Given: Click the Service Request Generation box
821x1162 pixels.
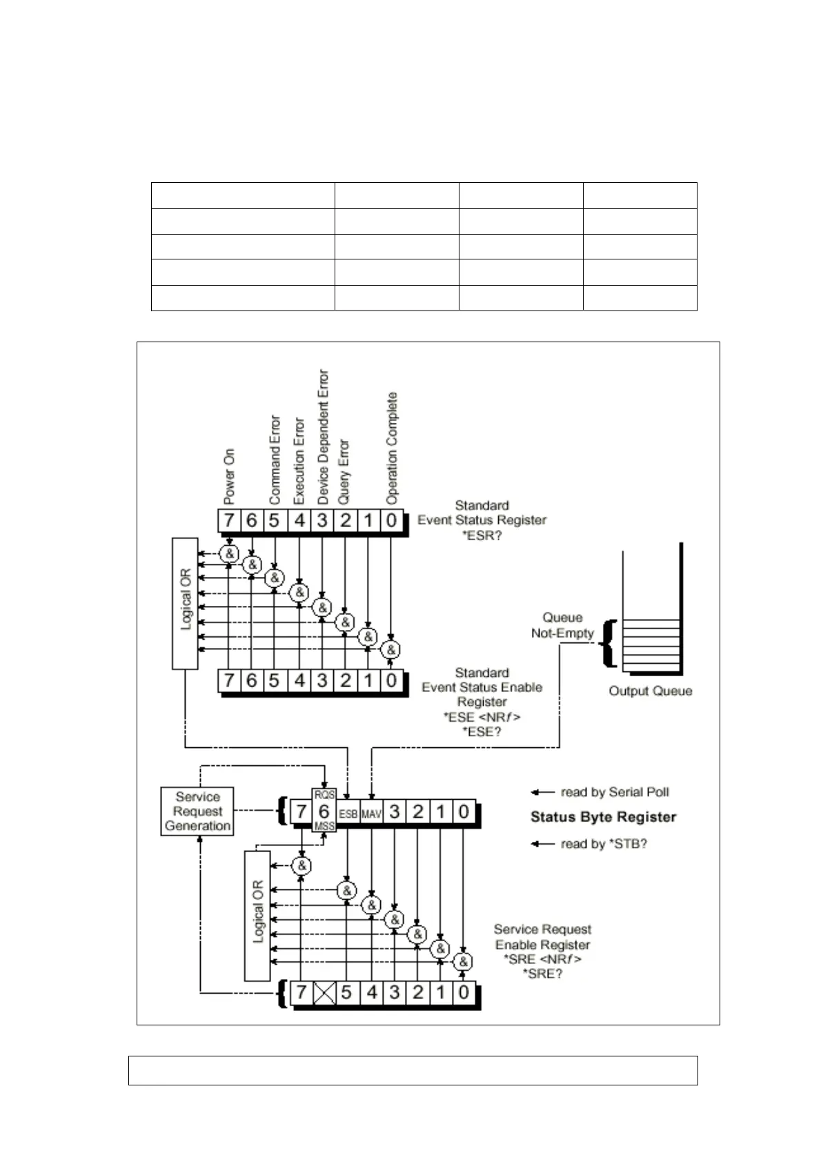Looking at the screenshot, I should pos(197,811).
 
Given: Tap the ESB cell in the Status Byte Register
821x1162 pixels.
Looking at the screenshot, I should pos(348,814).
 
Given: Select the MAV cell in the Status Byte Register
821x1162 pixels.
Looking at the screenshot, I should pos(371,814).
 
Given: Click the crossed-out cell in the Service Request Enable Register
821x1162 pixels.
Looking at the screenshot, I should pos(324,993).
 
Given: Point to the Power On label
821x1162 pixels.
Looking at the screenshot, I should pos(229,475).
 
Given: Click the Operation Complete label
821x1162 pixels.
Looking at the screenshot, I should pos(392,447).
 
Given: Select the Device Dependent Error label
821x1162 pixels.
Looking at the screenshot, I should pos(322,436).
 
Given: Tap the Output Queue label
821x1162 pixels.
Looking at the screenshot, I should pos(650,691).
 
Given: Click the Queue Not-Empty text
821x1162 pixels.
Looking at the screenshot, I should pos(562,625).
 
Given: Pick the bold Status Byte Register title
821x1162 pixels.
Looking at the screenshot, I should pos(603,817).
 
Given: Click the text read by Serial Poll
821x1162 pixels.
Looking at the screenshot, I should pos(614,792).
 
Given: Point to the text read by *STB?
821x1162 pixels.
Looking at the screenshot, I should pos(603,843).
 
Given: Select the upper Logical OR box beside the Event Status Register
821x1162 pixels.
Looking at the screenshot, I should pos(185,604).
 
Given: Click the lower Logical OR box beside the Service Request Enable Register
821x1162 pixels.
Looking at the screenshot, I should pos(257,915).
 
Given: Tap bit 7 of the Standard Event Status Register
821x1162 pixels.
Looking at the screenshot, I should pos(229,520).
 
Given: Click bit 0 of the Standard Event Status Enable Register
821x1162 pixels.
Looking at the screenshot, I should pos(391,680).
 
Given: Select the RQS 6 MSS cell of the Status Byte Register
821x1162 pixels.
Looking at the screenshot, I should pos(324,811).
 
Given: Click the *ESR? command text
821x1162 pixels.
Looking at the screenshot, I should pos(482,535).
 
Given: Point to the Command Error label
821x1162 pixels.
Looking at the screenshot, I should pos(275,459).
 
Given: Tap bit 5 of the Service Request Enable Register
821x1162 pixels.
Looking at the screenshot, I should pos(346,993).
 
